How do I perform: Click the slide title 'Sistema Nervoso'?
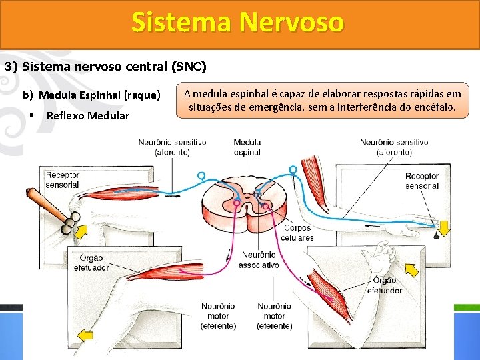tap(238, 22)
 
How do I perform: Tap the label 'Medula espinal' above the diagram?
tap(247, 147)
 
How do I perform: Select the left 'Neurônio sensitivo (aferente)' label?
tap(172, 147)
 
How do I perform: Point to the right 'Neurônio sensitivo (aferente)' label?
tap(394, 147)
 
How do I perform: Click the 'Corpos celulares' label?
tap(297, 233)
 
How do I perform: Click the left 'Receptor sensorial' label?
tap(63, 180)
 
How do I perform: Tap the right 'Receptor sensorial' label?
tap(422, 181)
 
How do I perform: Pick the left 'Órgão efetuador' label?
tap(91, 262)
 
